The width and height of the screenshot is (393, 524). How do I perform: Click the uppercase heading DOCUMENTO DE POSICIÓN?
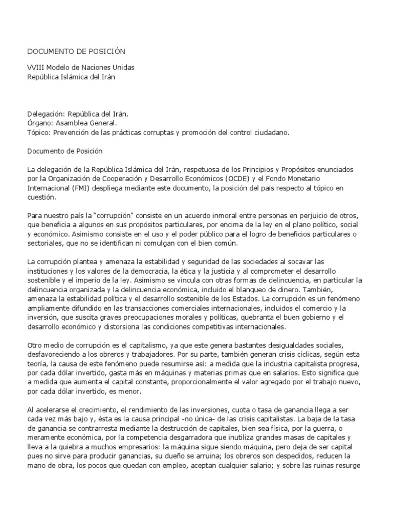click(76, 52)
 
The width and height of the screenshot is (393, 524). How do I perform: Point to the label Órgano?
click(40, 123)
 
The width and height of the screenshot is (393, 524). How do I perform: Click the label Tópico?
click(40, 133)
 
